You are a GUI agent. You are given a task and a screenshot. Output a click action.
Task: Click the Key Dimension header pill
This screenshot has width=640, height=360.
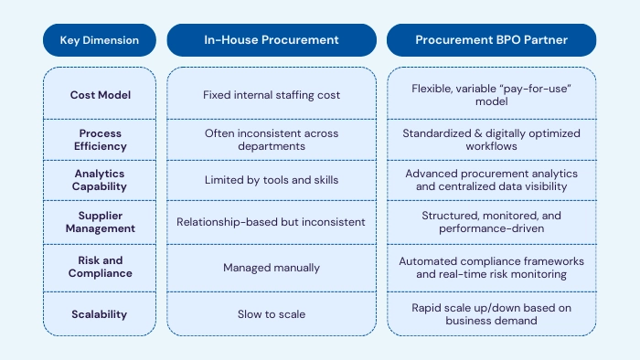click(100, 40)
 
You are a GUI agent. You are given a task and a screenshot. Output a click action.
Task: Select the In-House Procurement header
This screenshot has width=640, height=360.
click(272, 40)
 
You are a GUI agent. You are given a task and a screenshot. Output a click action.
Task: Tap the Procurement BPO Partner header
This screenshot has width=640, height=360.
click(491, 40)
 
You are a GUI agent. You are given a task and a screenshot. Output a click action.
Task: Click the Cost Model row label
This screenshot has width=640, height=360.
click(100, 95)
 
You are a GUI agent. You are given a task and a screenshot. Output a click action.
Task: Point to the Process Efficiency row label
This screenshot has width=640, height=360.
click(100, 139)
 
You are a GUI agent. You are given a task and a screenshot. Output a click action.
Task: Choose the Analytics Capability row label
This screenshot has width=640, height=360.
click(100, 180)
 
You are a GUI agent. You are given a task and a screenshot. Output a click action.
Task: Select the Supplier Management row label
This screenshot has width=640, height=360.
click(100, 222)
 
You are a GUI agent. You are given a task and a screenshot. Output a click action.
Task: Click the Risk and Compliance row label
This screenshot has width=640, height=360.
click(100, 267)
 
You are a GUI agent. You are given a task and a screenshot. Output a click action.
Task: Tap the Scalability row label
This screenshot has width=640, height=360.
click(100, 313)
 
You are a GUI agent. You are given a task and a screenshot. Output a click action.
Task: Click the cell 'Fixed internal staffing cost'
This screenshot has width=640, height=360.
click(272, 95)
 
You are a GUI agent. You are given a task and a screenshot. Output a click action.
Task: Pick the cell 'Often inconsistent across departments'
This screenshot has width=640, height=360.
click(272, 139)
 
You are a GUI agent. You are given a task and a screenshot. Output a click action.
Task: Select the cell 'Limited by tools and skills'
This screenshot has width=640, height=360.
click(272, 180)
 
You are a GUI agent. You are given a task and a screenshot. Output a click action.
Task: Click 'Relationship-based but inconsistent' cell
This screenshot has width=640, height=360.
click(272, 222)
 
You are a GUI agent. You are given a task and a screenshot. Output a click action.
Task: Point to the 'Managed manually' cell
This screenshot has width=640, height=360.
click(272, 267)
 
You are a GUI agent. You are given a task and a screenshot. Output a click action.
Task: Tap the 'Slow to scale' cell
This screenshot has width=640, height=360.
click(272, 313)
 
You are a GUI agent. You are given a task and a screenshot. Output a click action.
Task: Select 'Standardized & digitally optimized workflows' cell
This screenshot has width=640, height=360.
click(491, 139)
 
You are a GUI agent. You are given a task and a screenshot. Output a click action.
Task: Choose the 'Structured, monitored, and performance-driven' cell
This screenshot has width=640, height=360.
click(491, 222)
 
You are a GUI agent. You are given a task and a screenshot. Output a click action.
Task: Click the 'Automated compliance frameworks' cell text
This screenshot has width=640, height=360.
click(491, 260)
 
